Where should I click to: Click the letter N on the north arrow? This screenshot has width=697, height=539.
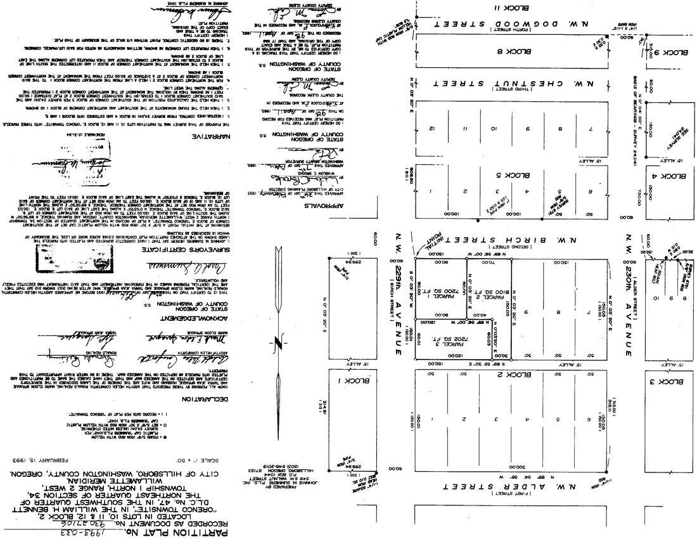(x=277, y=344)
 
